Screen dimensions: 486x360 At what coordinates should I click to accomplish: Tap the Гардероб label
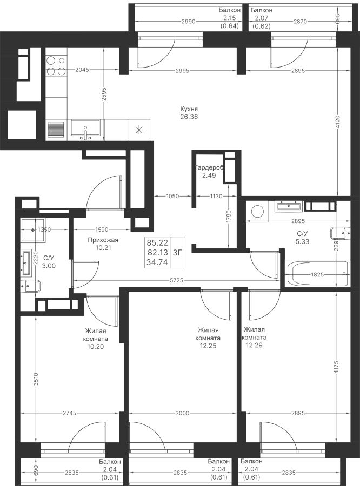pyautogui.click(x=209, y=168)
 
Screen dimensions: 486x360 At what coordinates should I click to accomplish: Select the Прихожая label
pyautogui.click(x=103, y=240)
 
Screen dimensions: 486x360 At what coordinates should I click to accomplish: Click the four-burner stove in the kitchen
pyautogui.click(x=56, y=66)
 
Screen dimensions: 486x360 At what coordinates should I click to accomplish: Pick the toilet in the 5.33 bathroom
pyautogui.click(x=338, y=234)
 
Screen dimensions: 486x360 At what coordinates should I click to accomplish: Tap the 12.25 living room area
pyautogui.click(x=207, y=346)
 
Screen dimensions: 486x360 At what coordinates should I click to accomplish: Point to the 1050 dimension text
pyautogui.click(x=172, y=197)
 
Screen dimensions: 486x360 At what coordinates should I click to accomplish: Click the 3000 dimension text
pyautogui.click(x=182, y=414)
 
